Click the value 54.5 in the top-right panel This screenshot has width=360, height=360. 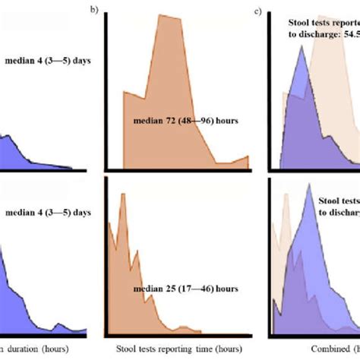coord(349,34)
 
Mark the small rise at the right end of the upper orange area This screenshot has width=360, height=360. coord(247,157)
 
